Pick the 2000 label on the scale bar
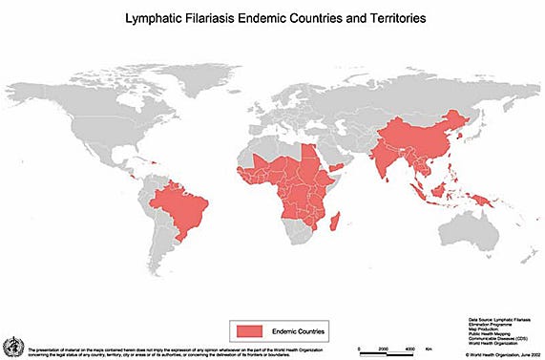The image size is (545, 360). click(x=382, y=350)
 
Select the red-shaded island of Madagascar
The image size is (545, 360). click(x=335, y=222)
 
